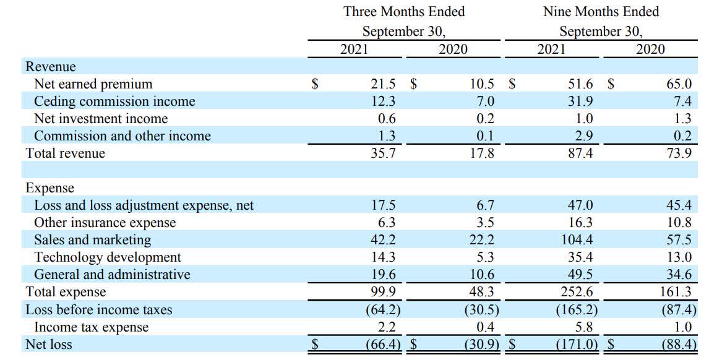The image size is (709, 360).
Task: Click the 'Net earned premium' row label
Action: [x=93, y=84]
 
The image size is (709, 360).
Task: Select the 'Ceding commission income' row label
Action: [x=114, y=101]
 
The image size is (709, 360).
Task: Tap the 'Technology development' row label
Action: [x=108, y=257]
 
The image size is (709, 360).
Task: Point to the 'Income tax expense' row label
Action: [x=91, y=327]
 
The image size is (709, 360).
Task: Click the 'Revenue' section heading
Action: [x=51, y=67]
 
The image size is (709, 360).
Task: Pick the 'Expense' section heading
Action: [x=49, y=188]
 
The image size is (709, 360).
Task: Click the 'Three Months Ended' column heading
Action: [x=404, y=12]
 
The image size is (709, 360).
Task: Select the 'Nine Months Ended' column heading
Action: [x=601, y=12]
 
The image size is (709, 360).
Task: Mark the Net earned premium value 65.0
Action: [x=679, y=84]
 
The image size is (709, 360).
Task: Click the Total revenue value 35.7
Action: [x=383, y=153]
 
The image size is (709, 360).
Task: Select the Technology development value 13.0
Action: [x=679, y=257]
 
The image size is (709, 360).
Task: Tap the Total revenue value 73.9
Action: [x=679, y=153]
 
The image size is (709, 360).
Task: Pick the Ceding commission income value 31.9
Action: [x=580, y=101]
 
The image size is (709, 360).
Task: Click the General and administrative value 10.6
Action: [x=482, y=275]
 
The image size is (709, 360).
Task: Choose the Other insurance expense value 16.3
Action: [x=580, y=223]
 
